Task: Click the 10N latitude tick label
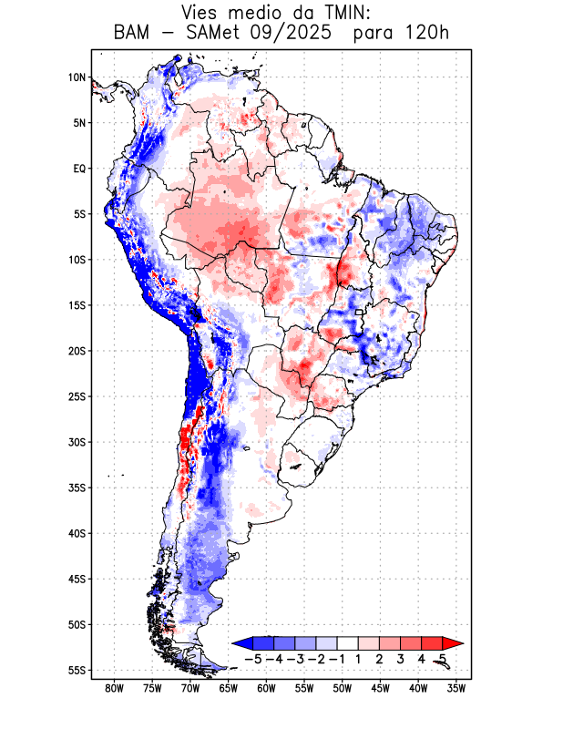(x=77, y=77)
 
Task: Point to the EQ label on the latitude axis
(x=79, y=169)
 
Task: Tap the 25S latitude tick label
(x=77, y=396)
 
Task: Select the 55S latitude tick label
(x=77, y=671)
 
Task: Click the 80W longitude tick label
(x=114, y=689)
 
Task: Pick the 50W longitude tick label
(x=342, y=689)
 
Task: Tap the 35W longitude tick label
(x=456, y=689)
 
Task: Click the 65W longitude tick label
(x=228, y=689)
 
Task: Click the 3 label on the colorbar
(x=401, y=659)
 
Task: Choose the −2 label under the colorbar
(x=315, y=659)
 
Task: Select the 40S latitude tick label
(x=77, y=534)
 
